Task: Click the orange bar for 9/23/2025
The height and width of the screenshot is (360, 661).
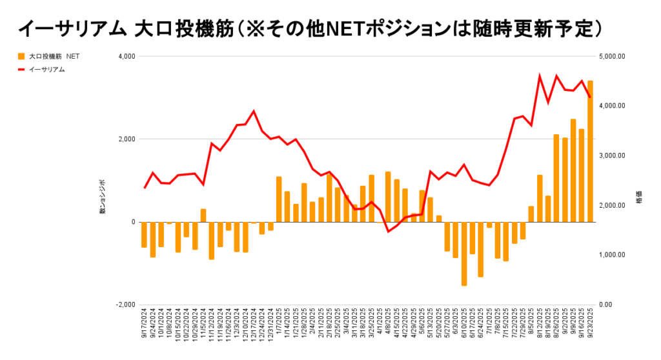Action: pyautogui.click(x=590, y=152)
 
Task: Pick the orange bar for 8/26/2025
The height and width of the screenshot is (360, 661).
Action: pyautogui.click(x=556, y=178)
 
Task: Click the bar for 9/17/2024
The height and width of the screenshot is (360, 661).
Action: pyautogui.click(x=144, y=234)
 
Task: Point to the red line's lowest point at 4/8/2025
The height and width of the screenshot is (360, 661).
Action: pyautogui.click(x=388, y=231)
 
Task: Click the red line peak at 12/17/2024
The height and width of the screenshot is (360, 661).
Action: pyautogui.click(x=254, y=111)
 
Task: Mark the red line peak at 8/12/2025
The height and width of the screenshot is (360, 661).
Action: pyautogui.click(x=540, y=76)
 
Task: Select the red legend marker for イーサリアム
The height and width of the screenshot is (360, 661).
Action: pyautogui.click(x=21, y=69)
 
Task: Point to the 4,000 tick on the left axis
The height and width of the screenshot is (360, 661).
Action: pyautogui.click(x=125, y=57)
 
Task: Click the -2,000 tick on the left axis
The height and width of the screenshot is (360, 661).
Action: pyautogui.click(x=124, y=305)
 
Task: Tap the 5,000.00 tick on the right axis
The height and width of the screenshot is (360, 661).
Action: pyautogui.click(x=613, y=57)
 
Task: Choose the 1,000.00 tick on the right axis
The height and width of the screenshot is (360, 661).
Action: pyautogui.click(x=613, y=255)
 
